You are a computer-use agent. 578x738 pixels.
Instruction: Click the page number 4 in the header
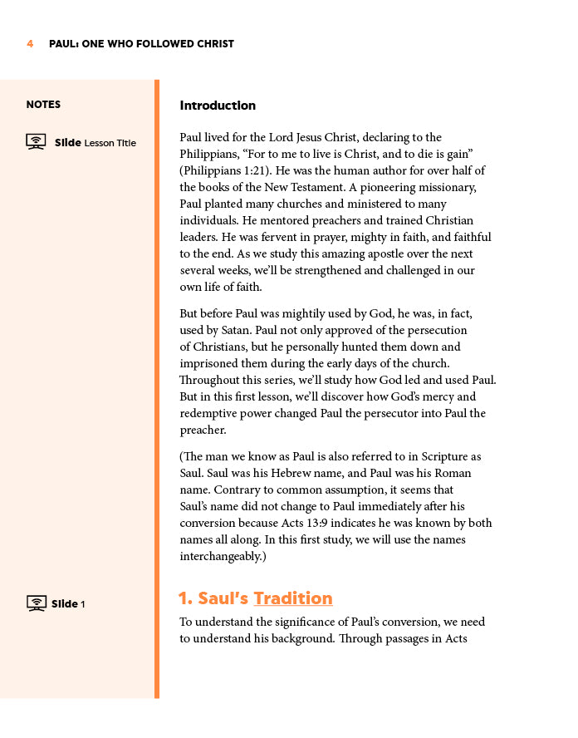pos(30,44)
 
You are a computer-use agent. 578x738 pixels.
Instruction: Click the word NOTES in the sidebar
pos(43,105)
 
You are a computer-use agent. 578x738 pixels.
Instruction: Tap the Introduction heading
pos(218,106)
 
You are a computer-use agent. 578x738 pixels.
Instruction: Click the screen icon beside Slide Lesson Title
pos(36,142)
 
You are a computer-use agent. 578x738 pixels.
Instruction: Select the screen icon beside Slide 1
pos(36,603)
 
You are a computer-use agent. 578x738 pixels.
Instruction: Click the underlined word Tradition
pos(293,598)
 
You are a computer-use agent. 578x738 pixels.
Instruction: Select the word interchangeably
pos(220,556)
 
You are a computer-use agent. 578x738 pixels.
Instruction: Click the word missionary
pos(446,187)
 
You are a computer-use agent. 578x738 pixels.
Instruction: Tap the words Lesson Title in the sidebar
pos(110,143)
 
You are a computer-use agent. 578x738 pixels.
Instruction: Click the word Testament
pos(327,187)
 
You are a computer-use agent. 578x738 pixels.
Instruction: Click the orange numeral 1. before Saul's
pos(185,598)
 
